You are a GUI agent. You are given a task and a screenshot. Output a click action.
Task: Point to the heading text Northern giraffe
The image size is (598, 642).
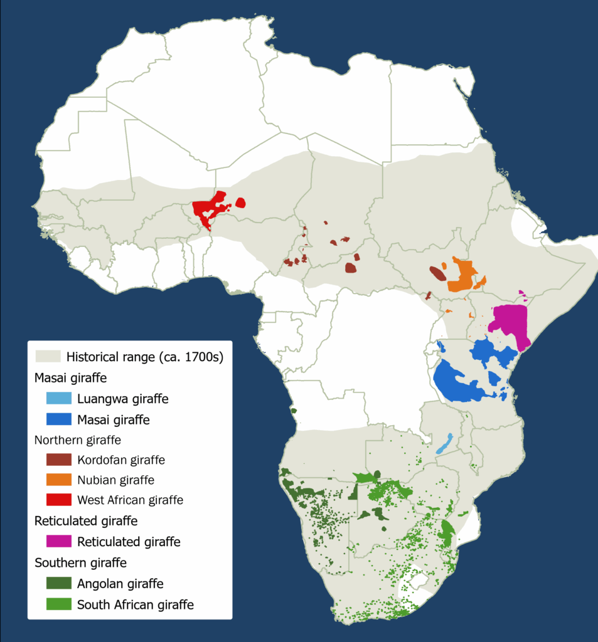click(78, 440)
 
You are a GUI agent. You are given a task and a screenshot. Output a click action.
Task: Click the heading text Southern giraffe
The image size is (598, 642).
click(80, 562)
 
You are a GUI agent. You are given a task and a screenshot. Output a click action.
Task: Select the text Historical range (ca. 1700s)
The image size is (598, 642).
click(145, 357)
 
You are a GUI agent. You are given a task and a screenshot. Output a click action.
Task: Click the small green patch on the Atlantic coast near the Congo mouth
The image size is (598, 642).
click(294, 411)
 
